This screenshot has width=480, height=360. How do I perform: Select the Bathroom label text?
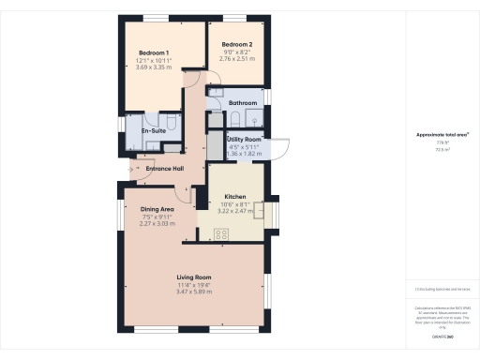[x=243, y=102]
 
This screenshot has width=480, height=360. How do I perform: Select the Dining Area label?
[x=157, y=208]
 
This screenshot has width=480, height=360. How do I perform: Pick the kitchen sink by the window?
[x=262, y=215]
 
